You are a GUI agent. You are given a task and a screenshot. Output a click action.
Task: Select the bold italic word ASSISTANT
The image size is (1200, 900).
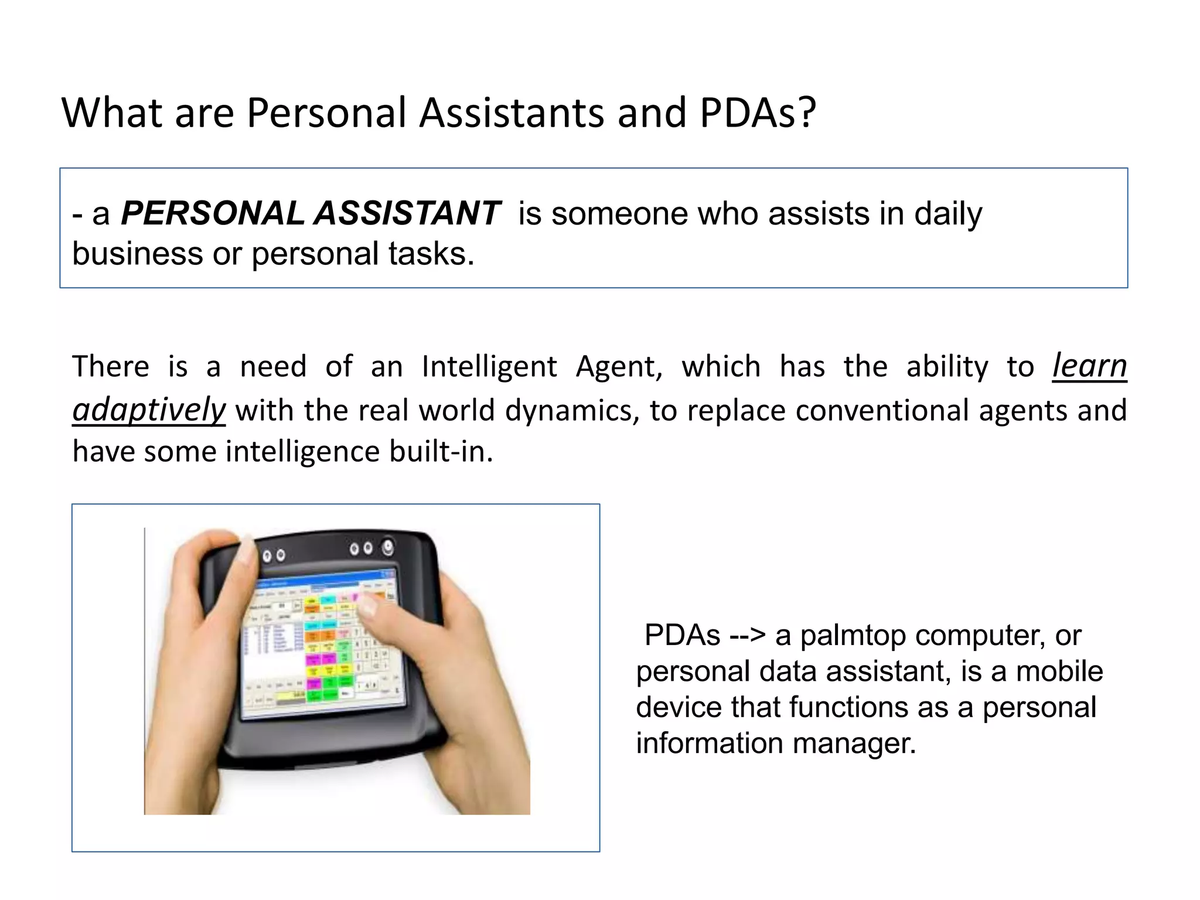(x=407, y=213)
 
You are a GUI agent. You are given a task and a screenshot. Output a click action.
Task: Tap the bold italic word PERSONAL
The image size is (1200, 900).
(x=212, y=213)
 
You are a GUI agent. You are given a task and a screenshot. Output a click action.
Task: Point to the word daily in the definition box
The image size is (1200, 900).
(x=947, y=214)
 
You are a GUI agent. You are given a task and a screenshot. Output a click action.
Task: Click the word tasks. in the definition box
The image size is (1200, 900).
(x=431, y=254)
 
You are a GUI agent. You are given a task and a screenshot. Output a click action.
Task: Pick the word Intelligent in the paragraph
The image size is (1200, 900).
(x=489, y=367)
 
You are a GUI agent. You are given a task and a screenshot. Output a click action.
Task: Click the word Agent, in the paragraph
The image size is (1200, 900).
(x=619, y=368)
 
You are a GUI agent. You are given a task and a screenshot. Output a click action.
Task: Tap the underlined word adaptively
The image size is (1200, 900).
(x=149, y=410)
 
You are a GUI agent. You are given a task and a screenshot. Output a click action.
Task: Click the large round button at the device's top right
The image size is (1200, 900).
(x=388, y=547)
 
